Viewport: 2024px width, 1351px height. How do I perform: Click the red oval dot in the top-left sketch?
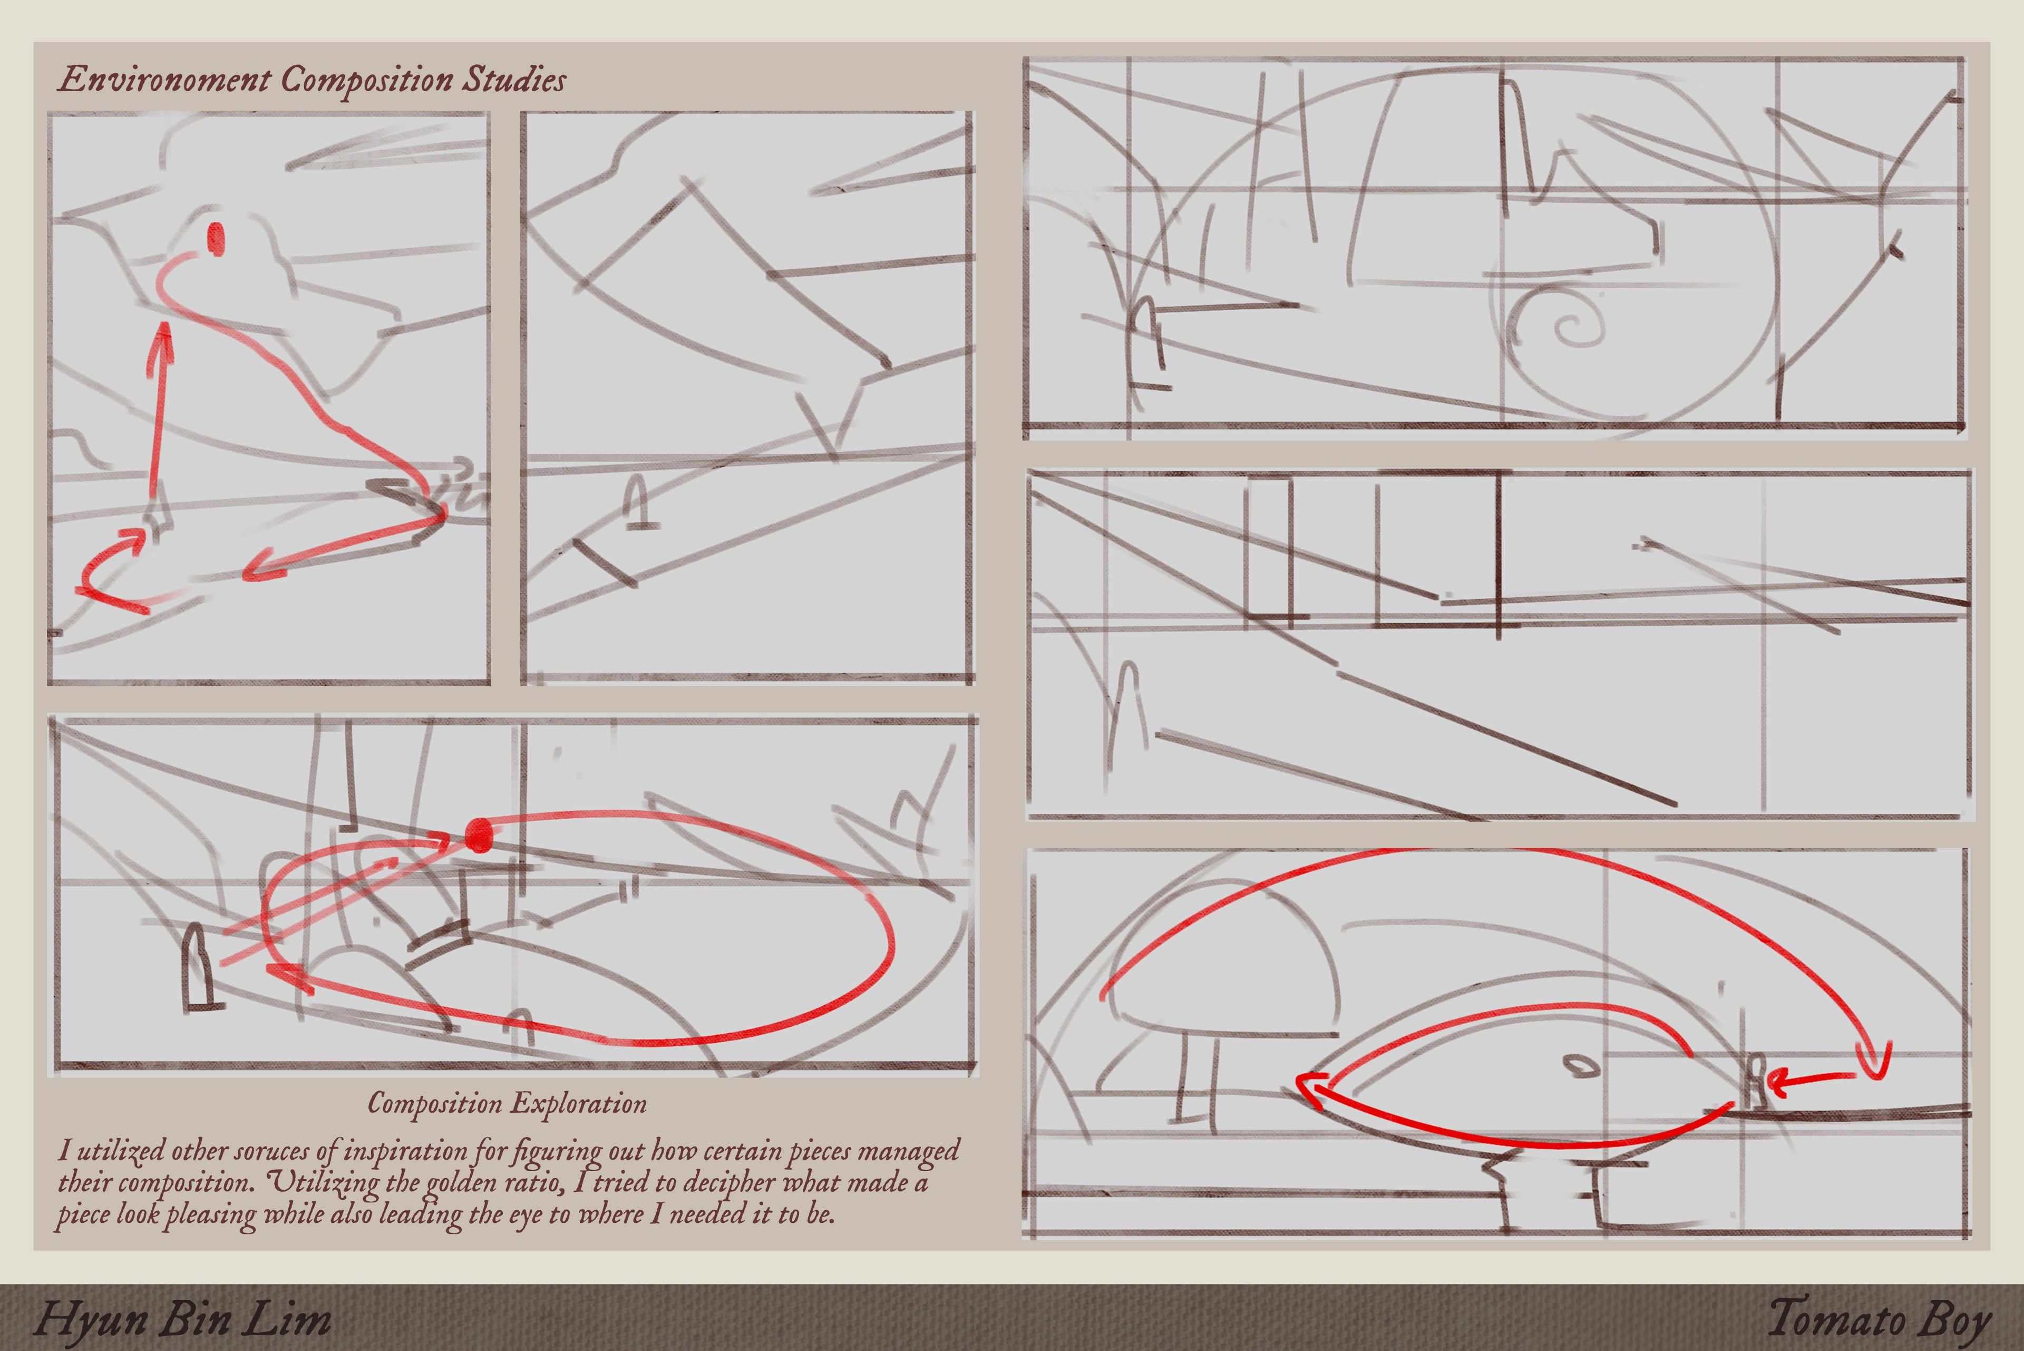click(x=216, y=239)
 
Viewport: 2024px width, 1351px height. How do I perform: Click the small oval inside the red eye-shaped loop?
click(x=1582, y=1066)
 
